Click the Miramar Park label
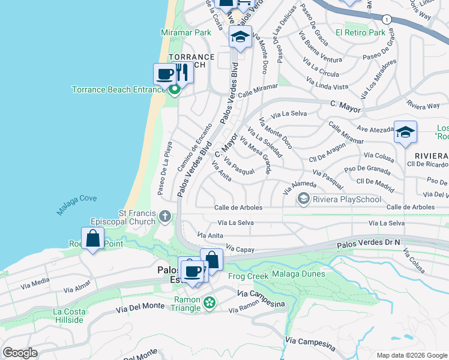click(x=185, y=32)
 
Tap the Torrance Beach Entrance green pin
click(x=175, y=91)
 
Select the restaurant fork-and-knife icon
click(x=183, y=73)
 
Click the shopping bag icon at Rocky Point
click(x=93, y=238)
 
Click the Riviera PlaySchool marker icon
click(x=304, y=199)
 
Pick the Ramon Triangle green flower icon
click(x=209, y=304)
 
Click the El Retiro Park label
click(x=360, y=32)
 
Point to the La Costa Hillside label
click(x=68, y=316)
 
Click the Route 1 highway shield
click(x=388, y=19)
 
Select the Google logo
click(x=20, y=353)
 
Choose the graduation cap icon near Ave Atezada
click(x=405, y=133)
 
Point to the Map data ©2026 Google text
click(x=411, y=355)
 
